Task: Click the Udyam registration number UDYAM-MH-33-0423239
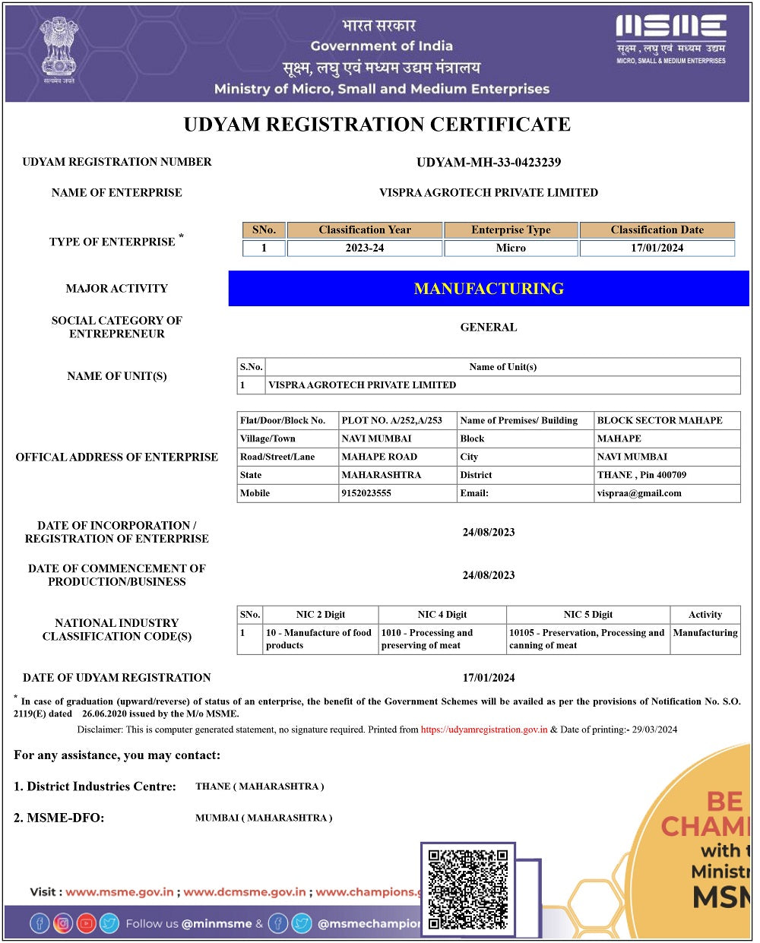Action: (489, 162)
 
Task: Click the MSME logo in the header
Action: (670, 39)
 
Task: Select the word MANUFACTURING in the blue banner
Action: (489, 289)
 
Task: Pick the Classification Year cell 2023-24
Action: (365, 248)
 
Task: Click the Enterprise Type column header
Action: (511, 229)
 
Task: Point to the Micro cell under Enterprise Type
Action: (511, 248)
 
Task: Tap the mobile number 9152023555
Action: (367, 493)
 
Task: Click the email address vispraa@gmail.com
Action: (639, 493)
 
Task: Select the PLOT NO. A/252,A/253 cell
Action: (392, 420)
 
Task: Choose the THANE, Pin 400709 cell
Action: (641, 475)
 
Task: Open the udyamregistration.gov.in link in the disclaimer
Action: (484, 729)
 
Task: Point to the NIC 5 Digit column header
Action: (587, 615)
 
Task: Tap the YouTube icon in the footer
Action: (86, 923)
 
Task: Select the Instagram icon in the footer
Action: (62, 923)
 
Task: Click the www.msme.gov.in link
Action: (119, 892)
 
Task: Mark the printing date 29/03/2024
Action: (654, 729)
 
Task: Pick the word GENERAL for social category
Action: (489, 328)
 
